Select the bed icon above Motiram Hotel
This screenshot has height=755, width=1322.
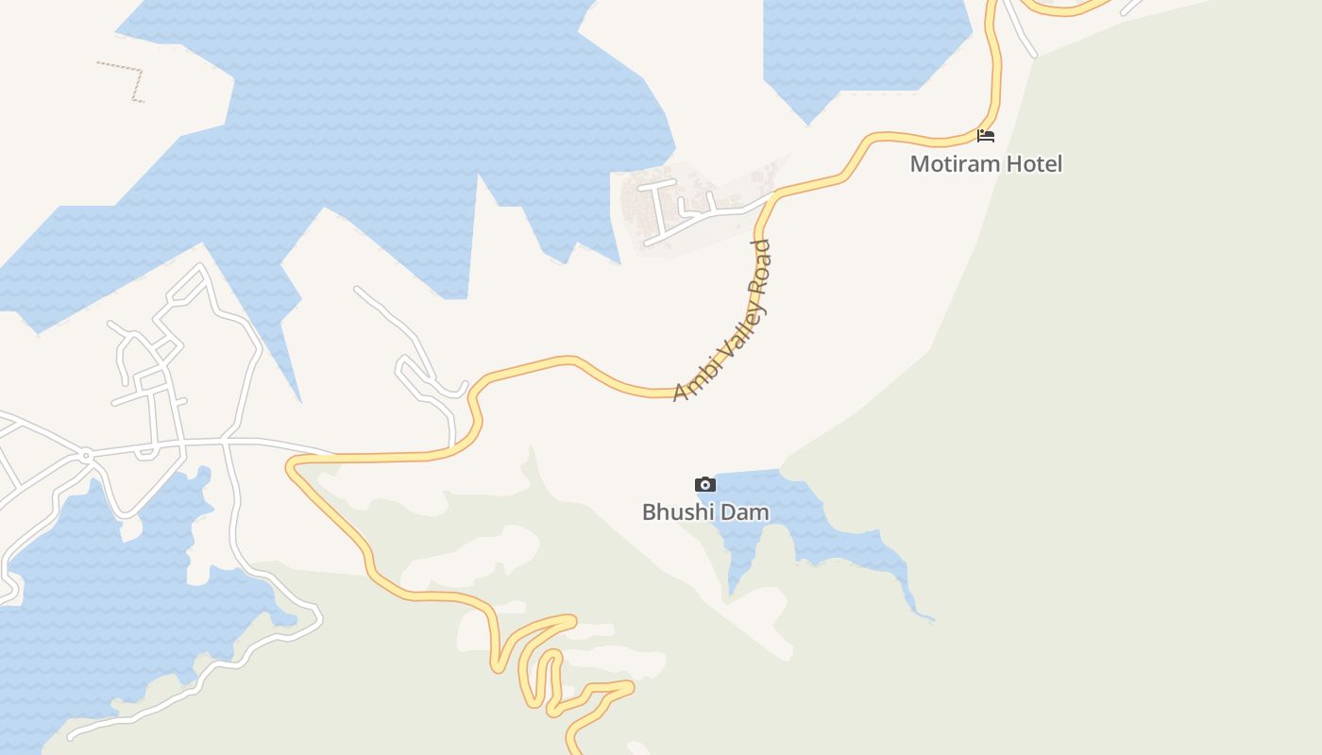click(x=986, y=136)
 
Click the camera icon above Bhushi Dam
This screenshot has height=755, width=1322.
click(x=704, y=484)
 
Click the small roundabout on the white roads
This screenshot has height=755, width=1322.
click(x=85, y=455)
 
